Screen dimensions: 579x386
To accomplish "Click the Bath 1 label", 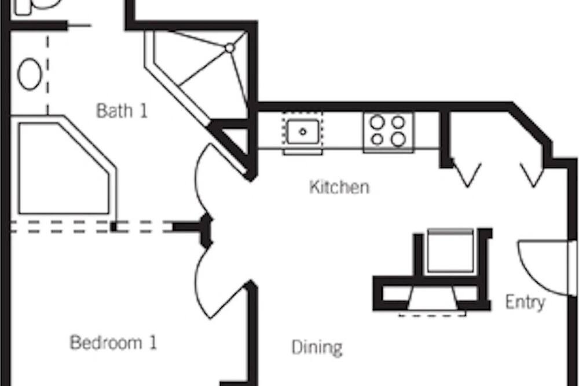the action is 122,111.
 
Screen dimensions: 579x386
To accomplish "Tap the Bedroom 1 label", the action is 113,343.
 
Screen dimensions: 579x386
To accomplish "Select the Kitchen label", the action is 339,187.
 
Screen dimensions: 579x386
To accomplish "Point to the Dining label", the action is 317,348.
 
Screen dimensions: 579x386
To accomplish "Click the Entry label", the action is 525,303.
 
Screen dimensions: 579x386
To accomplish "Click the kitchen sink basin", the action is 303,132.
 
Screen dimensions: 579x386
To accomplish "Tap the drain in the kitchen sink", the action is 303,132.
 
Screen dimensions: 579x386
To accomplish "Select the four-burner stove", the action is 388,132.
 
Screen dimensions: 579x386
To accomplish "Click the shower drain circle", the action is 230,48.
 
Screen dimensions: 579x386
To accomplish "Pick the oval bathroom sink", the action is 30,74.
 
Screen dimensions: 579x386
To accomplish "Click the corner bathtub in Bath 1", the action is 64,166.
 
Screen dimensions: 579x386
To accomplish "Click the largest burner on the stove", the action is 398,139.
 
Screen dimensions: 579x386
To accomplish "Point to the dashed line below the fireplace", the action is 433,315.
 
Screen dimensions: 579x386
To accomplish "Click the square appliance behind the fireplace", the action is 450,251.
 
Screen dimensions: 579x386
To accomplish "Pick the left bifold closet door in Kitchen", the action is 467,173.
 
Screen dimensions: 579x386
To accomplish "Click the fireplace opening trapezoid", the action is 433,298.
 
